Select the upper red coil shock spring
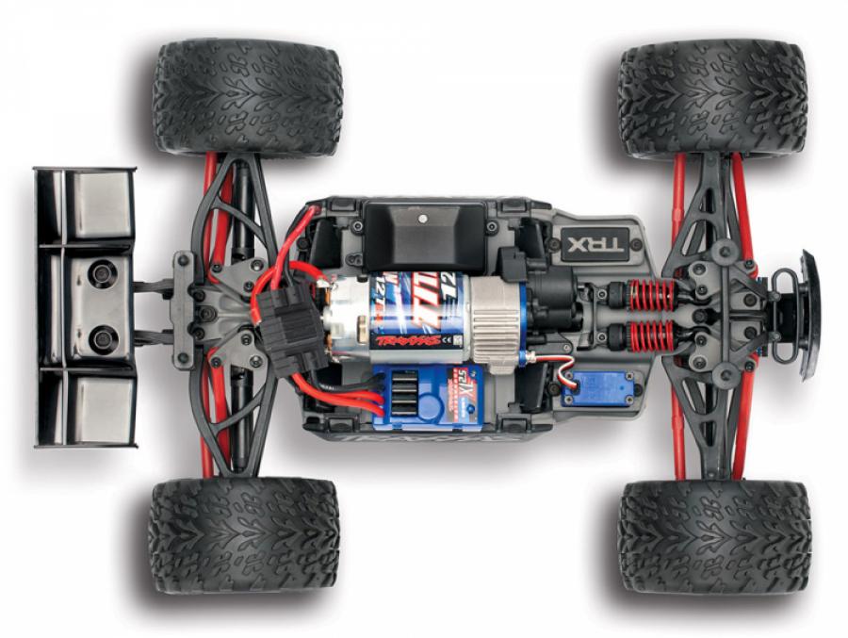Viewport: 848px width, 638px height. pyautogui.click(x=652, y=296)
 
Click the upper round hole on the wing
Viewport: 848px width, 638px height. pyautogui.click(x=102, y=274)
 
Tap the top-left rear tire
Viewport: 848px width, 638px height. pyautogui.click(x=247, y=96)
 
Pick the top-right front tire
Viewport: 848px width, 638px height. pyautogui.click(x=712, y=96)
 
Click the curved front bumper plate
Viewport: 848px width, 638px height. pyautogui.click(x=809, y=314)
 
